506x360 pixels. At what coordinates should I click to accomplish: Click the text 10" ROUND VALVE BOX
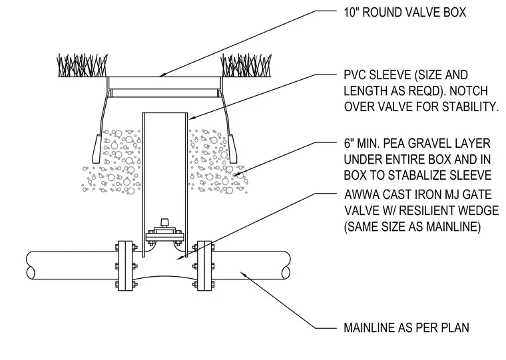coord(405,12)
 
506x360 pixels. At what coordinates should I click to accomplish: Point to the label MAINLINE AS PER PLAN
coord(406,327)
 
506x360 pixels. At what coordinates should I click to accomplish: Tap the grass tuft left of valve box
coord(83,65)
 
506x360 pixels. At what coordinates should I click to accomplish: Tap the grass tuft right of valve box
coord(246,65)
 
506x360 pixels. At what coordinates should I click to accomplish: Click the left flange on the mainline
coord(125,266)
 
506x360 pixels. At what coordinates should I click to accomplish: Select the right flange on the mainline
coord(204,266)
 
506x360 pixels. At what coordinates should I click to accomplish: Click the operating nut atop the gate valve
coord(165,222)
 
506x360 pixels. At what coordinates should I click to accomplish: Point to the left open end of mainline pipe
coord(31,265)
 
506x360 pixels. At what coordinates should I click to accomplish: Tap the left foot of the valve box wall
coord(97,148)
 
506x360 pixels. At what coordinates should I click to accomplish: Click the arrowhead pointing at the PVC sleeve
coord(192,118)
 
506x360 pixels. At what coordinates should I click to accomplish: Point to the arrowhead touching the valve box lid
coord(163,75)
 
